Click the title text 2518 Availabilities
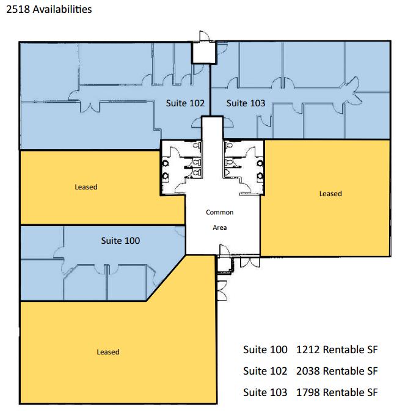[49, 10]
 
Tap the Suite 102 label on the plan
[185, 103]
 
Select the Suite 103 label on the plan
[246, 103]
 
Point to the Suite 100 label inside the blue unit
[120, 241]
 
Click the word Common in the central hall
[219, 213]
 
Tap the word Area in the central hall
[219, 226]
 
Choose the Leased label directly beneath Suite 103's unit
[330, 194]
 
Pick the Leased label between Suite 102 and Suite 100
[86, 186]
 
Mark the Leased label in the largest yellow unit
[108, 351]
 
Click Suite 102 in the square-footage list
[265, 370]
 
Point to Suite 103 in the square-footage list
[265, 391]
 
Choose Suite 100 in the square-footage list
[265, 350]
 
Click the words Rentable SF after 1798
[351, 391]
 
